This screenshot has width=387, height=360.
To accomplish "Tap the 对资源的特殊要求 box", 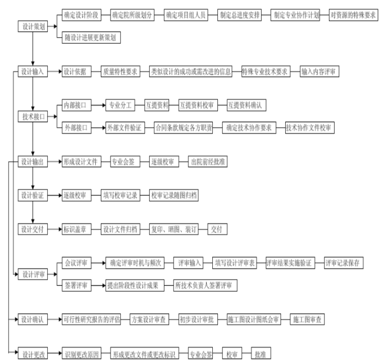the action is (x=353, y=14).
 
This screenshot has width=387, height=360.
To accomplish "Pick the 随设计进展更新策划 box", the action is (x=91, y=37).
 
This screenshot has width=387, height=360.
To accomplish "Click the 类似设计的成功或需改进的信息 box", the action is (x=190, y=72).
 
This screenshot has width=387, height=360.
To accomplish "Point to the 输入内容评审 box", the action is (x=318, y=72).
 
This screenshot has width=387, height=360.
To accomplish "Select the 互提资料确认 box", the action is (x=246, y=105).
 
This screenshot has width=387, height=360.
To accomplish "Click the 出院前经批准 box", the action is (x=209, y=162).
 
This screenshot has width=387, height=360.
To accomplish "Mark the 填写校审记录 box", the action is (x=120, y=196).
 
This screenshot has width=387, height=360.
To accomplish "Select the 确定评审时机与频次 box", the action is (x=135, y=263).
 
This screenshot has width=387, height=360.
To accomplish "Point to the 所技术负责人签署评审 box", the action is (x=203, y=286).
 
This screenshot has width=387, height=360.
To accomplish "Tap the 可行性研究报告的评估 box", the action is (x=91, y=319).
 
